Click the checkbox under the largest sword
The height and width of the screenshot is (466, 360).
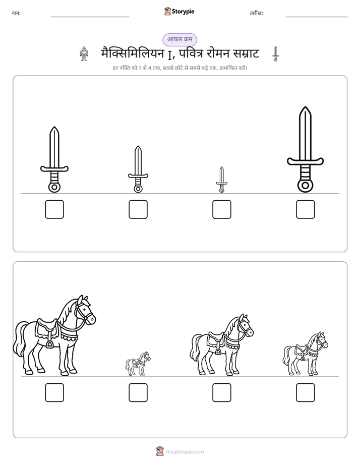click(305, 209)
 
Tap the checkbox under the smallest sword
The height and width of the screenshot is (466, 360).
click(221, 209)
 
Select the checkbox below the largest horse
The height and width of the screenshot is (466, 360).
click(54, 392)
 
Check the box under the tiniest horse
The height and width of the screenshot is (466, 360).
click(138, 392)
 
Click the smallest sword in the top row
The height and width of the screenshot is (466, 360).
click(221, 180)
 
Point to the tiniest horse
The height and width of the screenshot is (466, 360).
click(138, 364)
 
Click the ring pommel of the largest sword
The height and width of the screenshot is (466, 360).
click(305, 186)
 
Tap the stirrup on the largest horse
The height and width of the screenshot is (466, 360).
click(49, 344)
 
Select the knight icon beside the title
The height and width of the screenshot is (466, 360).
click(84, 54)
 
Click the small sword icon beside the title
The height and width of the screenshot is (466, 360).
click(276, 54)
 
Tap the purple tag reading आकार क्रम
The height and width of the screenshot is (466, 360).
click(179, 39)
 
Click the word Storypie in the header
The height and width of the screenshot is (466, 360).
click(183, 11)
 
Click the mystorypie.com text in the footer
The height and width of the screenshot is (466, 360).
click(185, 452)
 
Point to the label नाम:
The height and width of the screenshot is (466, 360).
click(16, 13)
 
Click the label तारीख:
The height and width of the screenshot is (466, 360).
click(256, 13)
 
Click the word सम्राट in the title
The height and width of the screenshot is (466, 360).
click(246, 54)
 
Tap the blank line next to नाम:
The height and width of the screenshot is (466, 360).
click(90, 17)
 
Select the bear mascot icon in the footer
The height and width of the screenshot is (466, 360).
click(160, 451)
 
